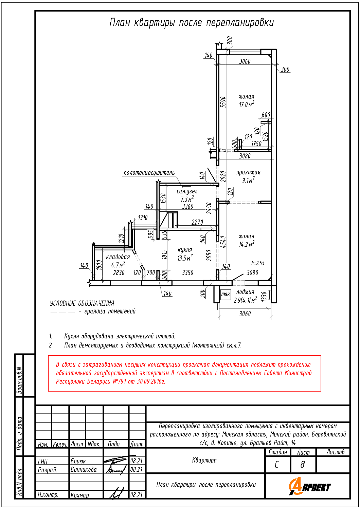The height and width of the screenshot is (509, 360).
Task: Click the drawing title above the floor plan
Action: pyautogui.click(x=192, y=23)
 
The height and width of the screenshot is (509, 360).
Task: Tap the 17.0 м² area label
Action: pyautogui.click(x=246, y=105)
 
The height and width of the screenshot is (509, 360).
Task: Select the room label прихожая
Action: pyautogui.click(x=248, y=172)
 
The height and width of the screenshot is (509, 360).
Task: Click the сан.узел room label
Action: pyautogui.click(x=187, y=191)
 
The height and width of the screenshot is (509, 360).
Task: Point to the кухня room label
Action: pyautogui.click(x=185, y=250)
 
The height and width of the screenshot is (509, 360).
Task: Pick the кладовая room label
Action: pyautogui.click(x=118, y=257)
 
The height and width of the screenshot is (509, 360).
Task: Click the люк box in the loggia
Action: pyautogui.click(x=226, y=294)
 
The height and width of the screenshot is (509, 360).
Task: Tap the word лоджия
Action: pyautogui.click(x=245, y=292)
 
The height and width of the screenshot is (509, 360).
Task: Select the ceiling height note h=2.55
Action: pyautogui.click(x=258, y=263)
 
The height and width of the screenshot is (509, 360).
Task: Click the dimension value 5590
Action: pyautogui.click(x=223, y=102)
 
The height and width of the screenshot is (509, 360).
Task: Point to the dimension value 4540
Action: pyautogui.click(x=223, y=242)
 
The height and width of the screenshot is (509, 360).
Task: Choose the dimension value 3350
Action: pyautogui.click(x=187, y=273)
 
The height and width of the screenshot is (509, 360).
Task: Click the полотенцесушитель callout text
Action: pyautogui.click(x=149, y=173)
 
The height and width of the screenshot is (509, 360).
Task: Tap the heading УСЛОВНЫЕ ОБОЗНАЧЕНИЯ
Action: pyautogui.click(x=82, y=303)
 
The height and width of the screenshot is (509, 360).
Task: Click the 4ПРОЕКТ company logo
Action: pyautogui.click(x=309, y=487)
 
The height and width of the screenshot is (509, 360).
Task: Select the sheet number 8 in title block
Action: pyautogui.click(x=303, y=464)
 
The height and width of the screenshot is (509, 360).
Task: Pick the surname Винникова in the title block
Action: pyautogui.click(x=84, y=470)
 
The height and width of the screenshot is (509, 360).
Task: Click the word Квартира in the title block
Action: pyautogui.click(x=204, y=460)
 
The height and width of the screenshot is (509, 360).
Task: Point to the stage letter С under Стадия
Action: pyautogui.click(x=277, y=464)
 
